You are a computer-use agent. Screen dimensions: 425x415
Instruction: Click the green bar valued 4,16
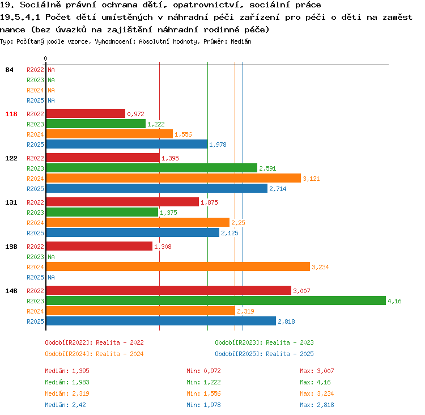coord(216,300)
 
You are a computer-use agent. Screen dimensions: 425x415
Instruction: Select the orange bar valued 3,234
coord(178,266)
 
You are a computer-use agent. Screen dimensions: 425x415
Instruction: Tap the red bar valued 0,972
coord(86,113)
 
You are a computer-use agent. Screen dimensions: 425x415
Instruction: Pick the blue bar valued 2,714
coord(157,188)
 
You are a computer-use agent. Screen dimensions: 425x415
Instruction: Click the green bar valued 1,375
coord(102,212)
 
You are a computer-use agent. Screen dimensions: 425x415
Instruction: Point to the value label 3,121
coord(311,179)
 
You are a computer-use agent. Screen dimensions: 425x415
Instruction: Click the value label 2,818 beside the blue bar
coord(286,321)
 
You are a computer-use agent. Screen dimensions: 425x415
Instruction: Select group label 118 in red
coord(11,114)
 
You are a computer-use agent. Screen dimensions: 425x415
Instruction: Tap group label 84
coord(9,70)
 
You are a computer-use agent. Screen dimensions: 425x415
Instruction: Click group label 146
coord(11,291)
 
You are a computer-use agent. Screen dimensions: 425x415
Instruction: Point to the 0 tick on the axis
coord(45,58)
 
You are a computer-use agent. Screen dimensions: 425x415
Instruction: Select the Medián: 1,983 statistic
coord(67,382)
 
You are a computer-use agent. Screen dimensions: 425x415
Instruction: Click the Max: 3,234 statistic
coord(317,393)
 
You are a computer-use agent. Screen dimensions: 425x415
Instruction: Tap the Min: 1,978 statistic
coord(203,405)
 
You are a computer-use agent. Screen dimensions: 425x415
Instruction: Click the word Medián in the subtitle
coord(241,41)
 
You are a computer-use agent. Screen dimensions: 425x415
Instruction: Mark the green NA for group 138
coord(51,257)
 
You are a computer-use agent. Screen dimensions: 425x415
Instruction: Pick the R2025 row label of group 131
coord(35,233)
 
